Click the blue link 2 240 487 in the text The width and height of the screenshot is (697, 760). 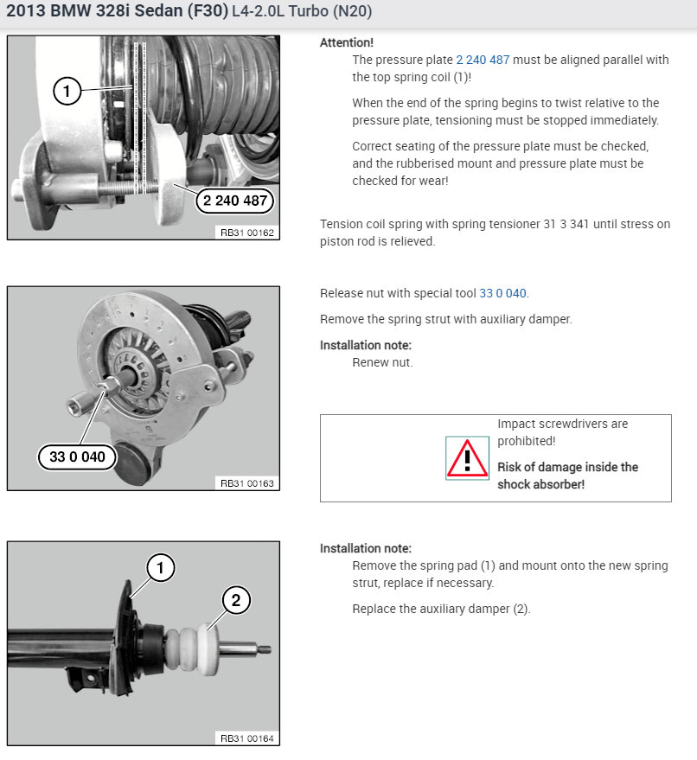(x=483, y=61)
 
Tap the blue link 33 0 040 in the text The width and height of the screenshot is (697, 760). (x=502, y=294)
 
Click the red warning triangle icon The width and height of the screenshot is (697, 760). (x=467, y=458)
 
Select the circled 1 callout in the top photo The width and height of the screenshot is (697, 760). (x=67, y=91)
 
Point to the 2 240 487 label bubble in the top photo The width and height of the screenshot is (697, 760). (x=235, y=201)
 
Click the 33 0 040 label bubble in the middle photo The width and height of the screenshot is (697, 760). (x=77, y=457)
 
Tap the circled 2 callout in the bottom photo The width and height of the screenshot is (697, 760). (x=236, y=601)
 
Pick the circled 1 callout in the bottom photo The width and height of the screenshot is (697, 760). (x=161, y=567)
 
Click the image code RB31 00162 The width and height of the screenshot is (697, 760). (x=247, y=233)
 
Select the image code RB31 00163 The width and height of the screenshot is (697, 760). (x=247, y=483)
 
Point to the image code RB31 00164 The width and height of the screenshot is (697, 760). (x=247, y=738)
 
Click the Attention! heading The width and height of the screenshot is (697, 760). (x=347, y=42)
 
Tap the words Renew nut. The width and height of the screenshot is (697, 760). (x=382, y=362)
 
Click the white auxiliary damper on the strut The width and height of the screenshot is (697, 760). (x=193, y=649)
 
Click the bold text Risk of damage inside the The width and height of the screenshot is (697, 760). (x=567, y=467)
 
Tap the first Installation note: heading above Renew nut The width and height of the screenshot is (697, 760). (x=366, y=345)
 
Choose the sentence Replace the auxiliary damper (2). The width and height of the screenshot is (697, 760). (x=442, y=610)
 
